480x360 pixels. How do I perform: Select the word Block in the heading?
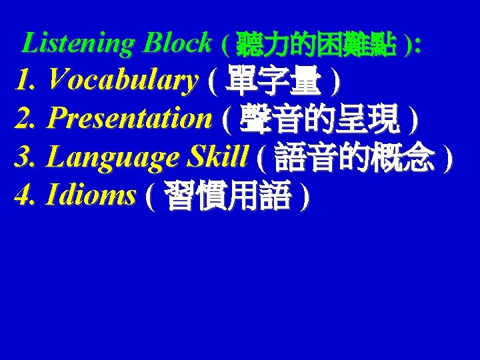point(177,44)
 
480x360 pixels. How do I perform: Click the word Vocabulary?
point(123,81)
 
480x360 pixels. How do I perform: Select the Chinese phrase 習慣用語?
point(227,197)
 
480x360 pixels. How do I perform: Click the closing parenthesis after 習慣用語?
point(304,197)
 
